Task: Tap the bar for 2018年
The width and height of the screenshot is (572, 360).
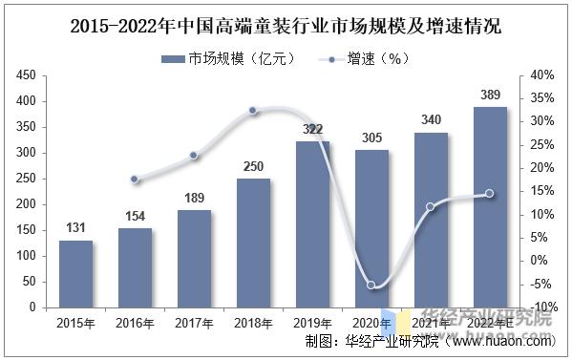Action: click(253, 243)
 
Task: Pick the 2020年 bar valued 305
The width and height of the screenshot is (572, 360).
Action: click(371, 228)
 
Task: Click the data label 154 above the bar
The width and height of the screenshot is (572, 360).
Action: click(135, 217)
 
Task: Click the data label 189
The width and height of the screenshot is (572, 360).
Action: click(194, 199)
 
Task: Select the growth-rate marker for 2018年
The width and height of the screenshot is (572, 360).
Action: click(253, 111)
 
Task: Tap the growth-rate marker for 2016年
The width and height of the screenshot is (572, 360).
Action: click(135, 179)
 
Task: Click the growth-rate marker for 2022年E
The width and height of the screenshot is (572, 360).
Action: click(490, 193)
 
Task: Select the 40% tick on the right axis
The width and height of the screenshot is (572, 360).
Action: click(540, 74)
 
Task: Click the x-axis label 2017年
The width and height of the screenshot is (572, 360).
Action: click(194, 323)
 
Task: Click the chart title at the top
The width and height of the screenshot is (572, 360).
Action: click(286, 25)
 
